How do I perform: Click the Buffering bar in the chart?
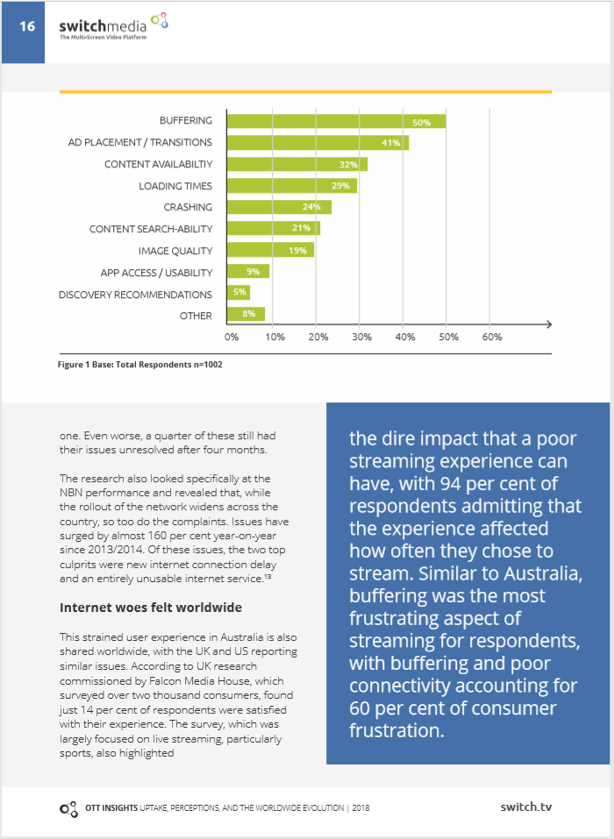(x=336, y=122)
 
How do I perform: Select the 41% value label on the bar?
(x=391, y=143)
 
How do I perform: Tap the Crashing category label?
(x=188, y=207)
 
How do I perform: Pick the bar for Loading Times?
(x=292, y=186)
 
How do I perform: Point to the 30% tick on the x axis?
(x=361, y=338)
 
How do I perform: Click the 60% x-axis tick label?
(x=492, y=338)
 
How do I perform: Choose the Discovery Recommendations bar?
(x=239, y=293)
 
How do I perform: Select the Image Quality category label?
(x=175, y=251)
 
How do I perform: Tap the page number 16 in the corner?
(x=27, y=26)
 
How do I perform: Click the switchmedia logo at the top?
(x=113, y=27)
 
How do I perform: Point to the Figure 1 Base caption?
(x=140, y=365)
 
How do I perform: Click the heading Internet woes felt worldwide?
(x=151, y=608)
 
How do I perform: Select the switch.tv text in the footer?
(x=525, y=807)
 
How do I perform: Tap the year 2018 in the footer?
(x=361, y=808)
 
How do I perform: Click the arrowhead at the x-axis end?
(x=549, y=324)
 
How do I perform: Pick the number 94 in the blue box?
(x=450, y=484)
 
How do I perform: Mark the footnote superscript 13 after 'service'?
(x=268, y=576)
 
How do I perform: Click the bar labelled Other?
(x=246, y=314)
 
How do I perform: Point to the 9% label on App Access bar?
(x=253, y=272)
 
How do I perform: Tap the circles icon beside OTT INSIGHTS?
(x=68, y=809)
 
